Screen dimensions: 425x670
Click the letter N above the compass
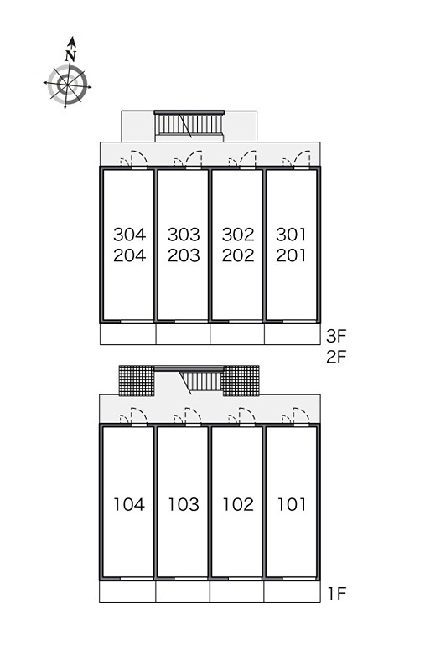70,55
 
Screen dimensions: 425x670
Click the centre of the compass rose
68,85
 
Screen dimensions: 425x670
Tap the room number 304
130,234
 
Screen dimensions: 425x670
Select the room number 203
184,255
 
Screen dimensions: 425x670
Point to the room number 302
238,234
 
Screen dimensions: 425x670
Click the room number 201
291,255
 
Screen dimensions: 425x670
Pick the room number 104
129,505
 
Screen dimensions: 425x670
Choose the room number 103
184,505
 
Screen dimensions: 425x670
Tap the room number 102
238,505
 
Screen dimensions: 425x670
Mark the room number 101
292,505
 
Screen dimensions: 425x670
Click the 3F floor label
336,337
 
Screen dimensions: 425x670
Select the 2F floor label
336,357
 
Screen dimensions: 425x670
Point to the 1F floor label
337,594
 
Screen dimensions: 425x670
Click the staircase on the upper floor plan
189,126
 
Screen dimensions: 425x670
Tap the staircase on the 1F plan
201,381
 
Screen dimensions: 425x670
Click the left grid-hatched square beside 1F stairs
137,381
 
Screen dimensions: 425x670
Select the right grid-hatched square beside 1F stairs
241,381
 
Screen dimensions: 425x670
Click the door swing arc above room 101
301,415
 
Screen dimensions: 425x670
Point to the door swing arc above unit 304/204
138,157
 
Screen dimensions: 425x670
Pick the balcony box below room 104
127,591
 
